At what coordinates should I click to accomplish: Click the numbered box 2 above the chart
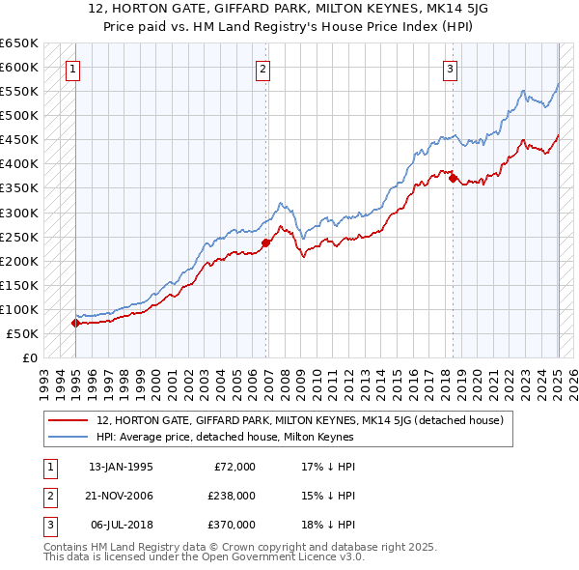(x=262, y=69)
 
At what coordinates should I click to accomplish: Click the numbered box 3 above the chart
(x=450, y=69)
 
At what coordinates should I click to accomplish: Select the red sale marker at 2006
(x=266, y=242)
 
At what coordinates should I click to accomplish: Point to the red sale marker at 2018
(x=453, y=178)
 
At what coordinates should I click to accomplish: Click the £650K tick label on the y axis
(x=19, y=43)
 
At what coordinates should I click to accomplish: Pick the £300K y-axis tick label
(x=19, y=213)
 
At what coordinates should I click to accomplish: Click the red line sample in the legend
(x=68, y=420)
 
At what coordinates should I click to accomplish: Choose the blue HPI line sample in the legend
(x=68, y=437)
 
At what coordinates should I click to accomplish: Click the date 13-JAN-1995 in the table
(x=121, y=467)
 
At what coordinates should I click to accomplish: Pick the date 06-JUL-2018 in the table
(x=121, y=525)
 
